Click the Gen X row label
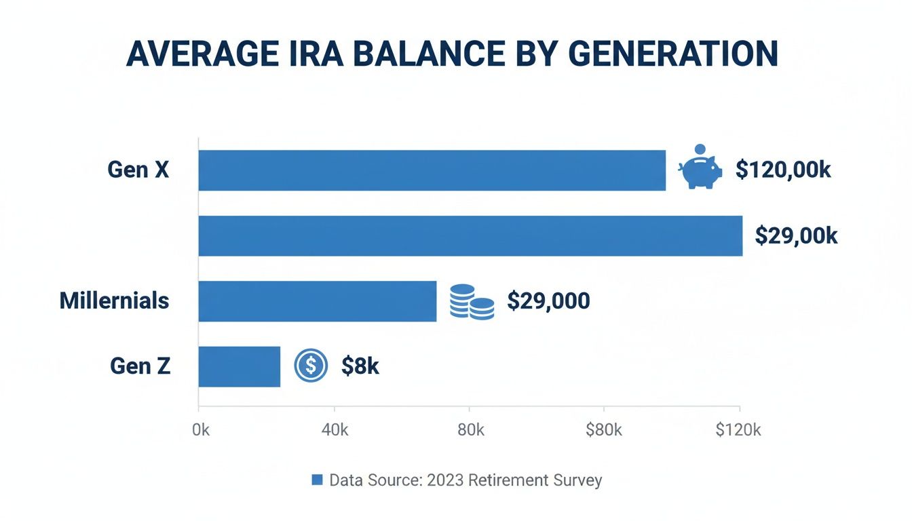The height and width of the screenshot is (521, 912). [x=138, y=170]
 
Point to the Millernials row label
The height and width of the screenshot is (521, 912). [x=114, y=301]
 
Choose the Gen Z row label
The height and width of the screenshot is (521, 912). [x=140, y=366]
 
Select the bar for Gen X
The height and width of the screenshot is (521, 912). [x=432, y=170]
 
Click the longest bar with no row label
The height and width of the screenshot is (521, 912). [x=470, y=235]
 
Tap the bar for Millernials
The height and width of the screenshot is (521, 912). [x=317, y=301]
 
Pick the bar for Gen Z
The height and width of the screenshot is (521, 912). [x=239, y=366]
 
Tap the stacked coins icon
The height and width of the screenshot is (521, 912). [x=472, y=302]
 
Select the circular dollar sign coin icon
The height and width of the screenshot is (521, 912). [x=311, y=366]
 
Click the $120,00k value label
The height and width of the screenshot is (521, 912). [x=783, y=170]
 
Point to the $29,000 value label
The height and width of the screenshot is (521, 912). [x=548, y=301]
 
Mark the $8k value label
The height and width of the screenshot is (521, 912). [x=360, y=366]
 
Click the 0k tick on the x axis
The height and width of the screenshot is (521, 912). [x=202, y=430]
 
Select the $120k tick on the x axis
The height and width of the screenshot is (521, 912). [x=738, y=430]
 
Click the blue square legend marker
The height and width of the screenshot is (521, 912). [x=316, y=480]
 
